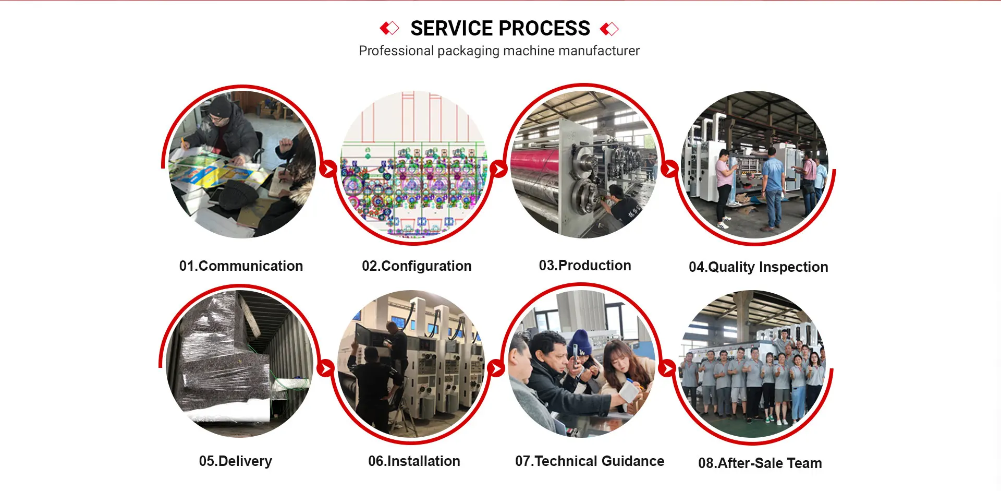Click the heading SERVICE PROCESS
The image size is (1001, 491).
point(500,28)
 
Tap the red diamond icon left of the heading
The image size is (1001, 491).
point(389,28)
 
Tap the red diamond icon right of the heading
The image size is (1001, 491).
point(609,29)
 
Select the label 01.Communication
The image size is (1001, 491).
point(241,266)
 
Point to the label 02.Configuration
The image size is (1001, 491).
point(417,266)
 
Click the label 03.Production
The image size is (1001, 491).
point(585,266)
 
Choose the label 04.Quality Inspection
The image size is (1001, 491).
point(758,267)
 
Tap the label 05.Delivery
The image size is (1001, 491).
point(236,461)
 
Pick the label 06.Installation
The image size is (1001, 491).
point(414,461)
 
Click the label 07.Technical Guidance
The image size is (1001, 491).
point(590,461)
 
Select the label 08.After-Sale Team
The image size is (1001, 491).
point(760,463)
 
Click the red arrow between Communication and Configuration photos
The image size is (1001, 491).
point(328,169)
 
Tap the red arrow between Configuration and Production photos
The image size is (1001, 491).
point(499,169)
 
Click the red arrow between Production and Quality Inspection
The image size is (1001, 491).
point(669,169)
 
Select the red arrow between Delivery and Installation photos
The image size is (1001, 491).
point(325,368)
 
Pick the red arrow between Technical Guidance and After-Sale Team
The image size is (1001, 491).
point(666,368)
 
